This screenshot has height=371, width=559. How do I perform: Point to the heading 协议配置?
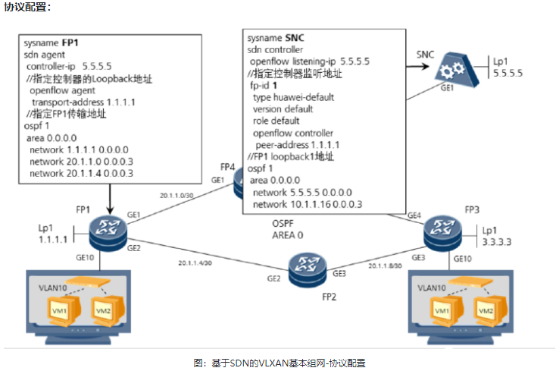click(28, 7)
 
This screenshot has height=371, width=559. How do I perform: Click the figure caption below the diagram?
click(279, 363)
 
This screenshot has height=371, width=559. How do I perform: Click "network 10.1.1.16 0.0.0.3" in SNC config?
click(307, 204)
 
